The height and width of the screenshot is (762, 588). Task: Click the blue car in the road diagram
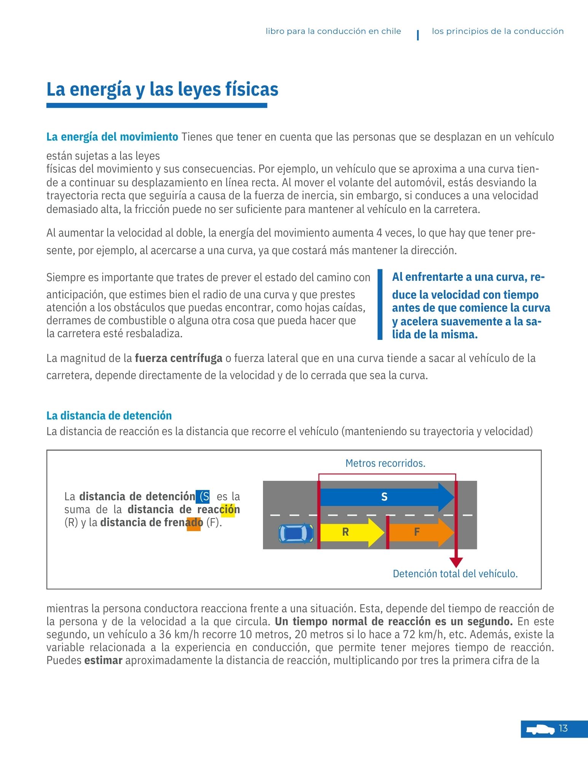[296, 533]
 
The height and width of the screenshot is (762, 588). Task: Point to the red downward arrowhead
[456, 562]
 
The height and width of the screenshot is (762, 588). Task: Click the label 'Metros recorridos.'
[385, 463]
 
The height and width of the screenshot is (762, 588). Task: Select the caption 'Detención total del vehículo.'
[455, 574]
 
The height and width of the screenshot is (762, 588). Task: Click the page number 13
[563, 728]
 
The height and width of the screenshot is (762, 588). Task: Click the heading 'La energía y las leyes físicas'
[163, 90]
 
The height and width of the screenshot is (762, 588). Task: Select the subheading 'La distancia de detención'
[109, 415]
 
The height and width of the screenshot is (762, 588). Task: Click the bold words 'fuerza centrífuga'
[178, 358]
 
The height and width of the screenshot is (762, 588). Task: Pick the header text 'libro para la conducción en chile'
[333, 31]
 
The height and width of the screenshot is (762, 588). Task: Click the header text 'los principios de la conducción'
[497, 31]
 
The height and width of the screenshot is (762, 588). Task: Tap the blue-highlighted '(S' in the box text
[203, 496]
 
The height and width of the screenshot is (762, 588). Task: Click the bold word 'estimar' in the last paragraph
[103, 660]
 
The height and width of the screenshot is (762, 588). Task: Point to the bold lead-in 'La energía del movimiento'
[112, 137]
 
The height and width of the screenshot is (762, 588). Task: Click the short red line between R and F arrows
[387, 532]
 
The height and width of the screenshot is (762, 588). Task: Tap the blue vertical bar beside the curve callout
[380, 304]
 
